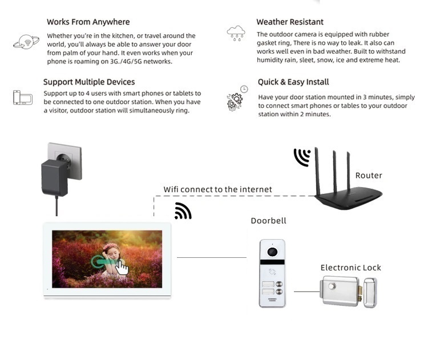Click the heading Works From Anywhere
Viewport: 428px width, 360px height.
pyautogui.click(x=88, y=22)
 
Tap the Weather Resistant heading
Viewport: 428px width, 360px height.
pyautogui.click(x=290, y=22)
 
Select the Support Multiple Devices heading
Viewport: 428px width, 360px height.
pyautogui.click(x=89, y=82)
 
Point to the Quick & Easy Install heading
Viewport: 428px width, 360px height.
pyautogui.click(x=293, y=82)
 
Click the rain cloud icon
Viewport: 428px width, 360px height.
pyautogui.click(x=236, y=33)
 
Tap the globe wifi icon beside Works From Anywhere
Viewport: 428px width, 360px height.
pyautogui.click(x=26, y=42)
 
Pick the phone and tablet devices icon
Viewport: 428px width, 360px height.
pyautogui.click(x=23, y=98)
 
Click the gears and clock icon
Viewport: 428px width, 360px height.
pyautogui.click(x=236, y=99)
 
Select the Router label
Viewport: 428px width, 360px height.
pyautogui.click(x=369, y=176)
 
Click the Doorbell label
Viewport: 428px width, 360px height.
pyautogui.click(x=268, y=221)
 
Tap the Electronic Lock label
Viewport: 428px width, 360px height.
pyautogui.click(x=350, y=268)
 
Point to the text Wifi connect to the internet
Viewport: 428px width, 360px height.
pyautogui.click(x=218, y=189)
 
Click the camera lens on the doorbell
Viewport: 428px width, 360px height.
pyautogui.click(x=272, y=252)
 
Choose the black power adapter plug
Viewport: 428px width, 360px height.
pyautogui.click(x=55, y=176)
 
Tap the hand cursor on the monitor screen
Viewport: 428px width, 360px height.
pyautogui.click(x=122, y=268)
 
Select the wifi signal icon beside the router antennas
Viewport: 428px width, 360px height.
pyautogui.click(x=302, y=157)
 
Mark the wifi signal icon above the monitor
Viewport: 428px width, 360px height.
pyautogui.click(x=183, y=211)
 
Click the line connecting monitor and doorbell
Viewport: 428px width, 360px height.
pyautogui.click(x=211, y=257)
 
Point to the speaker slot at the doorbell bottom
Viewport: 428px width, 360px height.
pyautogui.click(x=272, y=300)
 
